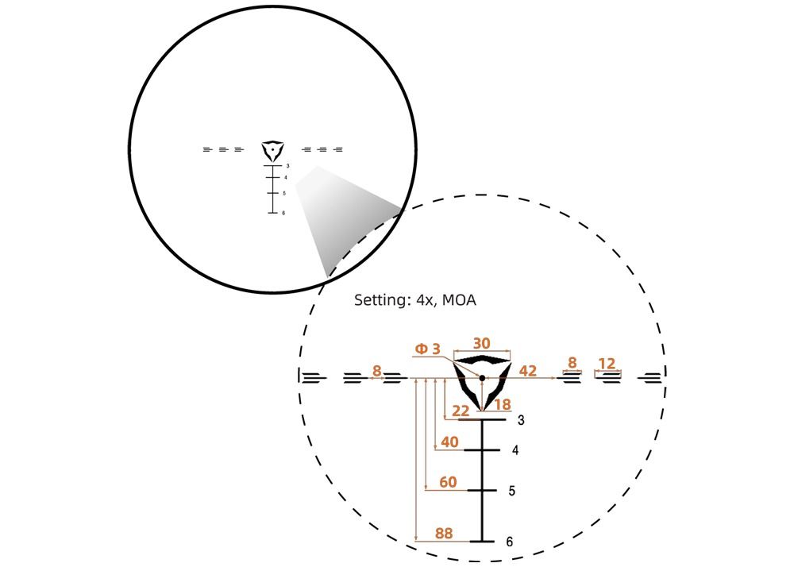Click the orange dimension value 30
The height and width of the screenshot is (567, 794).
481,343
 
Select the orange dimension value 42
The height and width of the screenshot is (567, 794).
527,370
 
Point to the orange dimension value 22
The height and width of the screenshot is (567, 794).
461,411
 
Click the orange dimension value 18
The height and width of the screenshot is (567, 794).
502,405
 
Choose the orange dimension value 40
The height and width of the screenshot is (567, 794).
449,442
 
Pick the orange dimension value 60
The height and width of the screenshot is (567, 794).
448,482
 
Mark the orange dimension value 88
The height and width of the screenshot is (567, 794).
444,534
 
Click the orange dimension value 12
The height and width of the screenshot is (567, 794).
607,364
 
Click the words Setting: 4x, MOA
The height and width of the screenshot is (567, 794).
414,301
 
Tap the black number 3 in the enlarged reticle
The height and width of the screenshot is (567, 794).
521,420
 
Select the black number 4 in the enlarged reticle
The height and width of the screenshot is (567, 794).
515,450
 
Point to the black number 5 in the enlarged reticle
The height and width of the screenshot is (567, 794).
512,492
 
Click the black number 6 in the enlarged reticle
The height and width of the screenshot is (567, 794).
509,542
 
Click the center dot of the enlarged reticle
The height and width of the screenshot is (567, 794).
482,378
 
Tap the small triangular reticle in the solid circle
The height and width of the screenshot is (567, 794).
272,150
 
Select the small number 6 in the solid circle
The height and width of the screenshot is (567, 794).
283,213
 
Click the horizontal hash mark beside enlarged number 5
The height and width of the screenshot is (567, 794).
482,491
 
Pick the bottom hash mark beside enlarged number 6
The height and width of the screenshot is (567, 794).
482,541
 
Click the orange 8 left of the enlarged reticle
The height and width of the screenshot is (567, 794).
376,370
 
